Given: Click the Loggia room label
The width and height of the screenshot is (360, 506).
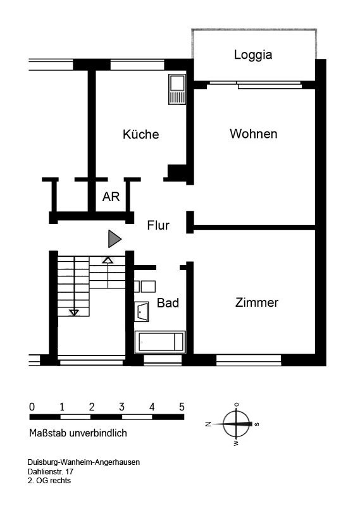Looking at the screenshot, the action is click(253, 54).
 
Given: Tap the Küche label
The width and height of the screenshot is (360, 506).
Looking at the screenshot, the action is click(140, 134).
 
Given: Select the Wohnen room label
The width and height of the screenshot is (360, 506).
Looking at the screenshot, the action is click(254, 133).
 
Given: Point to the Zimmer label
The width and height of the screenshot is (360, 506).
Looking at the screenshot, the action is click(257, 302).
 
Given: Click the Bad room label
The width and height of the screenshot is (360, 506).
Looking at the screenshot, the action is click(168, 303).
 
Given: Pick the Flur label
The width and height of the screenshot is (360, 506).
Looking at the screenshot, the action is click(158, 225).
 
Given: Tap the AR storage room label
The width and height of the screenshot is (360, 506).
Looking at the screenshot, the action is click(111, 197).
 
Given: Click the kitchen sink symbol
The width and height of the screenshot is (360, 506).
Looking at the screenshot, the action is click(177, 89).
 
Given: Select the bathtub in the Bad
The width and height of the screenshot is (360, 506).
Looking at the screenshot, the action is click(160, 342).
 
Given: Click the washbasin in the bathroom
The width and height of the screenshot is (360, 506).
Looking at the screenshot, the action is click(142, 312).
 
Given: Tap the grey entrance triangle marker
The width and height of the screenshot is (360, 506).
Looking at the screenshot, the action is click(115, 239).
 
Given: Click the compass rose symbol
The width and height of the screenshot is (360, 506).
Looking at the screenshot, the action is click(237, 424).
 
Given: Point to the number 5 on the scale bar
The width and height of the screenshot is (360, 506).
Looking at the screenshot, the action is click(182, 407).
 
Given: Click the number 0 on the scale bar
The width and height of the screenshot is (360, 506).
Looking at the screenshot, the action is click(32, 407).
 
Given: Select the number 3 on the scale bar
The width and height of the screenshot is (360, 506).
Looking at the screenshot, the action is click(121, 407).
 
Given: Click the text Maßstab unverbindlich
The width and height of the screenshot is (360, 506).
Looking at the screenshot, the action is click(78, 433).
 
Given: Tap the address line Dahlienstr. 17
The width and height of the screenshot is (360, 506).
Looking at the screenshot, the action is click(51, 471).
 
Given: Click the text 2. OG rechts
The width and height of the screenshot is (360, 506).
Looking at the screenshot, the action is click(49, 481).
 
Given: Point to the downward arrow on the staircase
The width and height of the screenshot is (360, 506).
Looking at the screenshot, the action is click(74, 312).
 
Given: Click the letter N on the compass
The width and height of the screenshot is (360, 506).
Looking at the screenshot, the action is click(208, 424).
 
